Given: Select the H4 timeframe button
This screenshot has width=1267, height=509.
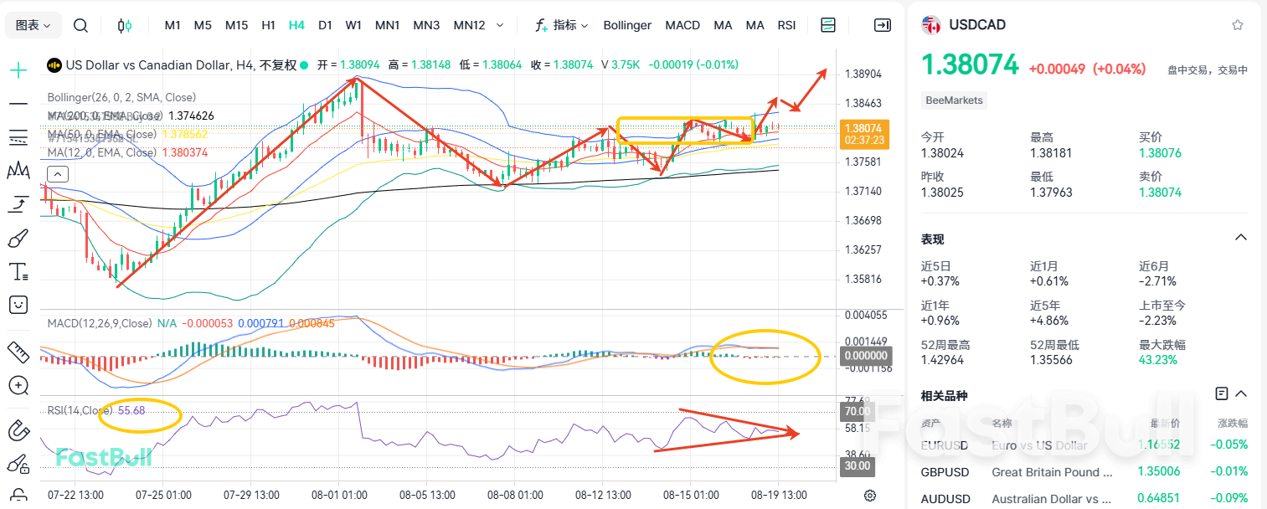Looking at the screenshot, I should click(296, 25).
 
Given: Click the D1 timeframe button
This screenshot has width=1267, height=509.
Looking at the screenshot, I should click(325, 25).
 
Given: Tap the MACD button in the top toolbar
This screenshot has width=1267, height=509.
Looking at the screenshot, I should click(682, 25).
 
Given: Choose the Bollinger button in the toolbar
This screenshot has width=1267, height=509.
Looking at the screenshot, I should click(627, 25).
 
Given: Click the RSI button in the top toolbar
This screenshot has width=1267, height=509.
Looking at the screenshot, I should click(786, 25).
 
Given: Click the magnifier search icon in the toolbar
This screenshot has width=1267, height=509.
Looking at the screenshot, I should click(80, 25).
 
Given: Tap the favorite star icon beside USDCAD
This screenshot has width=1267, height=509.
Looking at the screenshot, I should click(1237, 25).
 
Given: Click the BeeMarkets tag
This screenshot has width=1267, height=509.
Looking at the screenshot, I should click(955, 100).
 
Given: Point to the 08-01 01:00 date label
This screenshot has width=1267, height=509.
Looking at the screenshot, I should click(341, 495).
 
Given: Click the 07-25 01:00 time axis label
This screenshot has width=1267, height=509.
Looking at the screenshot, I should click(163, 495).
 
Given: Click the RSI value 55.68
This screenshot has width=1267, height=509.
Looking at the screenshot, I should click(131, 411).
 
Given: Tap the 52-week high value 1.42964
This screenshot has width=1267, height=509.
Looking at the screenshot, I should click(942, 360).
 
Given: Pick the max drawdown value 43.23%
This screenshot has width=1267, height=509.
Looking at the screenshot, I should click(1157, 360).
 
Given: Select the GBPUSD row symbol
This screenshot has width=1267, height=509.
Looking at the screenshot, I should click(945, 472).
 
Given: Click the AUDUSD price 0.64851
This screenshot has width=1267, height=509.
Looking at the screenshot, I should click(1157, 499).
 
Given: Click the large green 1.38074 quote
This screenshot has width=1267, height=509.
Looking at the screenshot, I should click(970, 64).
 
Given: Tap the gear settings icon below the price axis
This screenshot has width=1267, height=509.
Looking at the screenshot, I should click(870, 495).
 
